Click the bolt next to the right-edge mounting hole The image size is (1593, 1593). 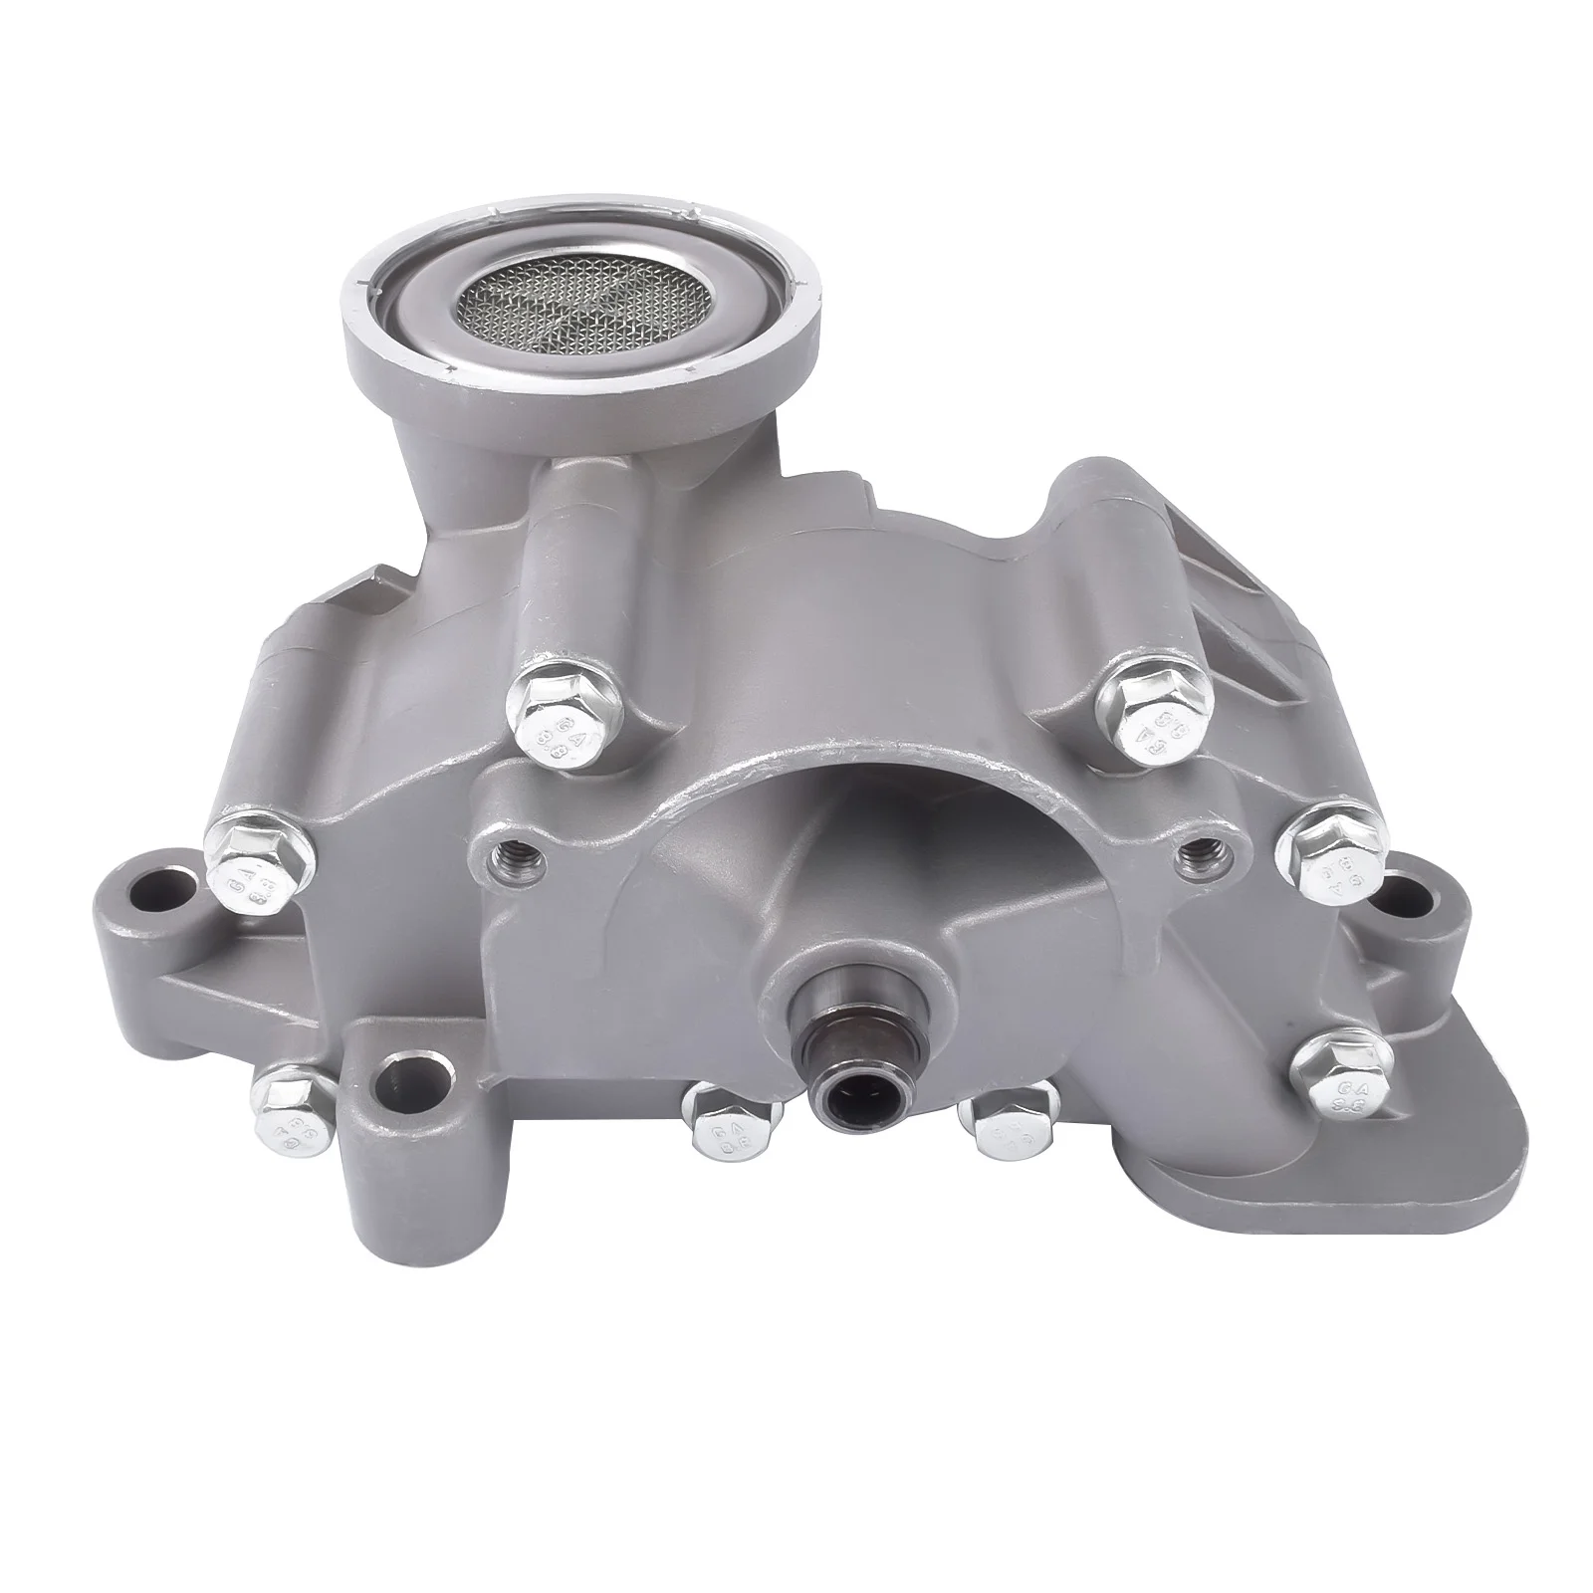click(x=1330, y=853)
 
